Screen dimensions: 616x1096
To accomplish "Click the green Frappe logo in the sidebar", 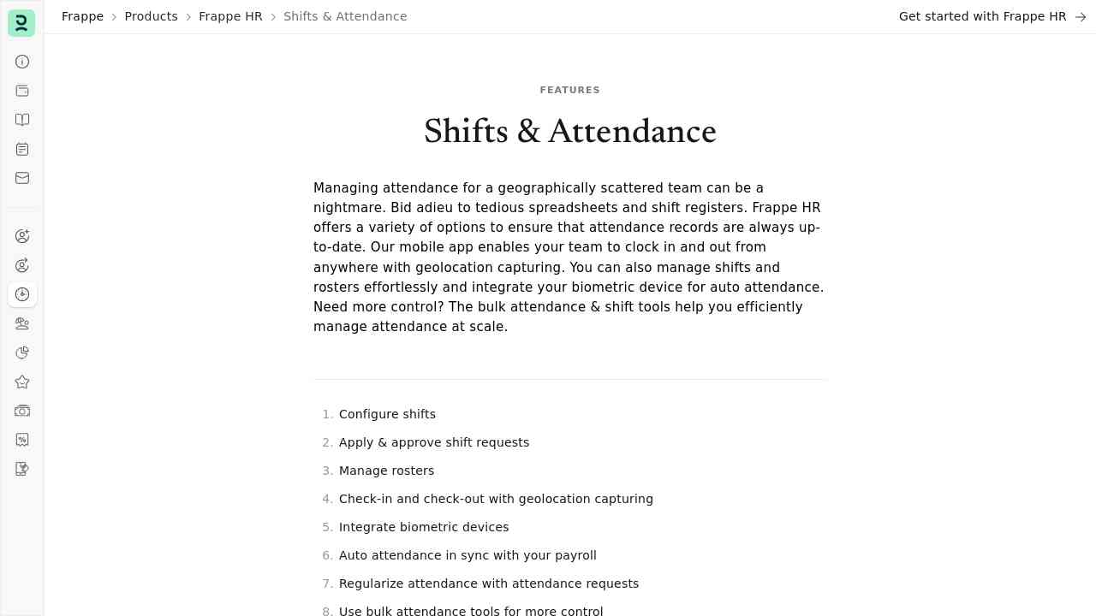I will click(x=21, y=23).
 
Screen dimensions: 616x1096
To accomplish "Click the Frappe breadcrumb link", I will click(x=82, y=16).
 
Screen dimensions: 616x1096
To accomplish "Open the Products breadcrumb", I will click(x=151, y=16).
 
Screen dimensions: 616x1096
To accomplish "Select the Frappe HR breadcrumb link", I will click(x=230, y=16).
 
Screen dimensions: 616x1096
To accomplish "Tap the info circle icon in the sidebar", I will click(x=22, y=62).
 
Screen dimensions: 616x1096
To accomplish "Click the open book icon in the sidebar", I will click(x=22, y=120).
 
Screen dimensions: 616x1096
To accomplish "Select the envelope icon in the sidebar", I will click(x=22, y=178).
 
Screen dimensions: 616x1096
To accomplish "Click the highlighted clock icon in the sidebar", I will click(x=22, y=294).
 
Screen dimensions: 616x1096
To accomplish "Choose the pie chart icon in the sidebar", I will click(x=22, y=352).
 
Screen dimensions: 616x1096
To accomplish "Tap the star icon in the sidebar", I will click(x=22, y=382).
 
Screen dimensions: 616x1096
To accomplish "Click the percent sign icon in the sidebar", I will click(x=22, y=440).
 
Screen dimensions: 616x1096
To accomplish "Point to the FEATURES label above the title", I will click(x=569, y=90).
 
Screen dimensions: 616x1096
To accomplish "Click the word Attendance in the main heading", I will click(x=632, y=132).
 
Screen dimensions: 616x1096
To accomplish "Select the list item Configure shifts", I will click(x=387, y=414).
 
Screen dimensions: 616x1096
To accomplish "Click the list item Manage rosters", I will click(x=386, y=471).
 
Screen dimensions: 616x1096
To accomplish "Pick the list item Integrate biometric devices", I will click(x=424, y=527).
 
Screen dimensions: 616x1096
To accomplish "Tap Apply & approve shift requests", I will click(x=434, y=442).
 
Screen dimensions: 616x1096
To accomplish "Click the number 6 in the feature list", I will click(x=326, y=555).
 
